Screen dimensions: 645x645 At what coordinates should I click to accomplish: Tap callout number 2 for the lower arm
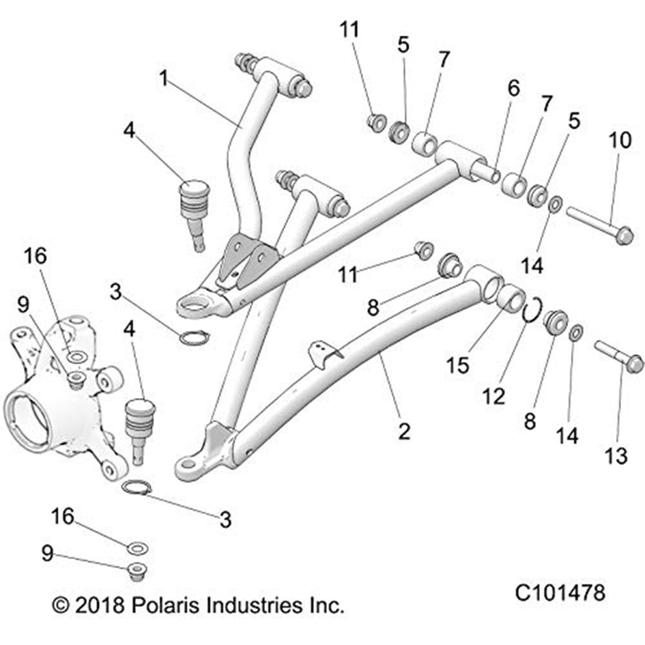click(x=404, y=431)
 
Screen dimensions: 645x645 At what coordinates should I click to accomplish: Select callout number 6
click(x=513, y=89)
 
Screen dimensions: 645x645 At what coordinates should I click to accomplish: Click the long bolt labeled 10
click(x=597, y=223)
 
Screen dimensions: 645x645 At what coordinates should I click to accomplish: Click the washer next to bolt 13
click(x=576, y=333)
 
